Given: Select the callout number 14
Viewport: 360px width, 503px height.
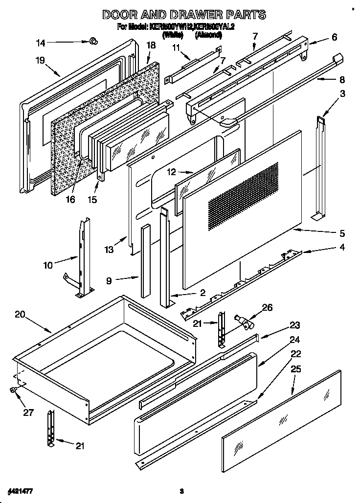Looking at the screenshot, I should coord(41,43).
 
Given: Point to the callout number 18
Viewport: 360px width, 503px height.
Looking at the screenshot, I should coord(151,45).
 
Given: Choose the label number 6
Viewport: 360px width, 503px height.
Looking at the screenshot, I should coord(334,37).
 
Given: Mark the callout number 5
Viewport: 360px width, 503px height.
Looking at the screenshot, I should coord(342,233).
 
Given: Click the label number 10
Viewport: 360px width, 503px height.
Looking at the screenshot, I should coord(48,265).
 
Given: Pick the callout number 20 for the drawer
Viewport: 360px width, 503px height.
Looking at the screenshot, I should coord(20,315).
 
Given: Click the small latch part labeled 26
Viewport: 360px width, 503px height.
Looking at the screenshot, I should coord(241,322).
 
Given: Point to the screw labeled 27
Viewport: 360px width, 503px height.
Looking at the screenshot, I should coord(13,389).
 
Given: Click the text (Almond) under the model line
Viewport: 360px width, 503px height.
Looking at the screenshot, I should coord(208,35).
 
